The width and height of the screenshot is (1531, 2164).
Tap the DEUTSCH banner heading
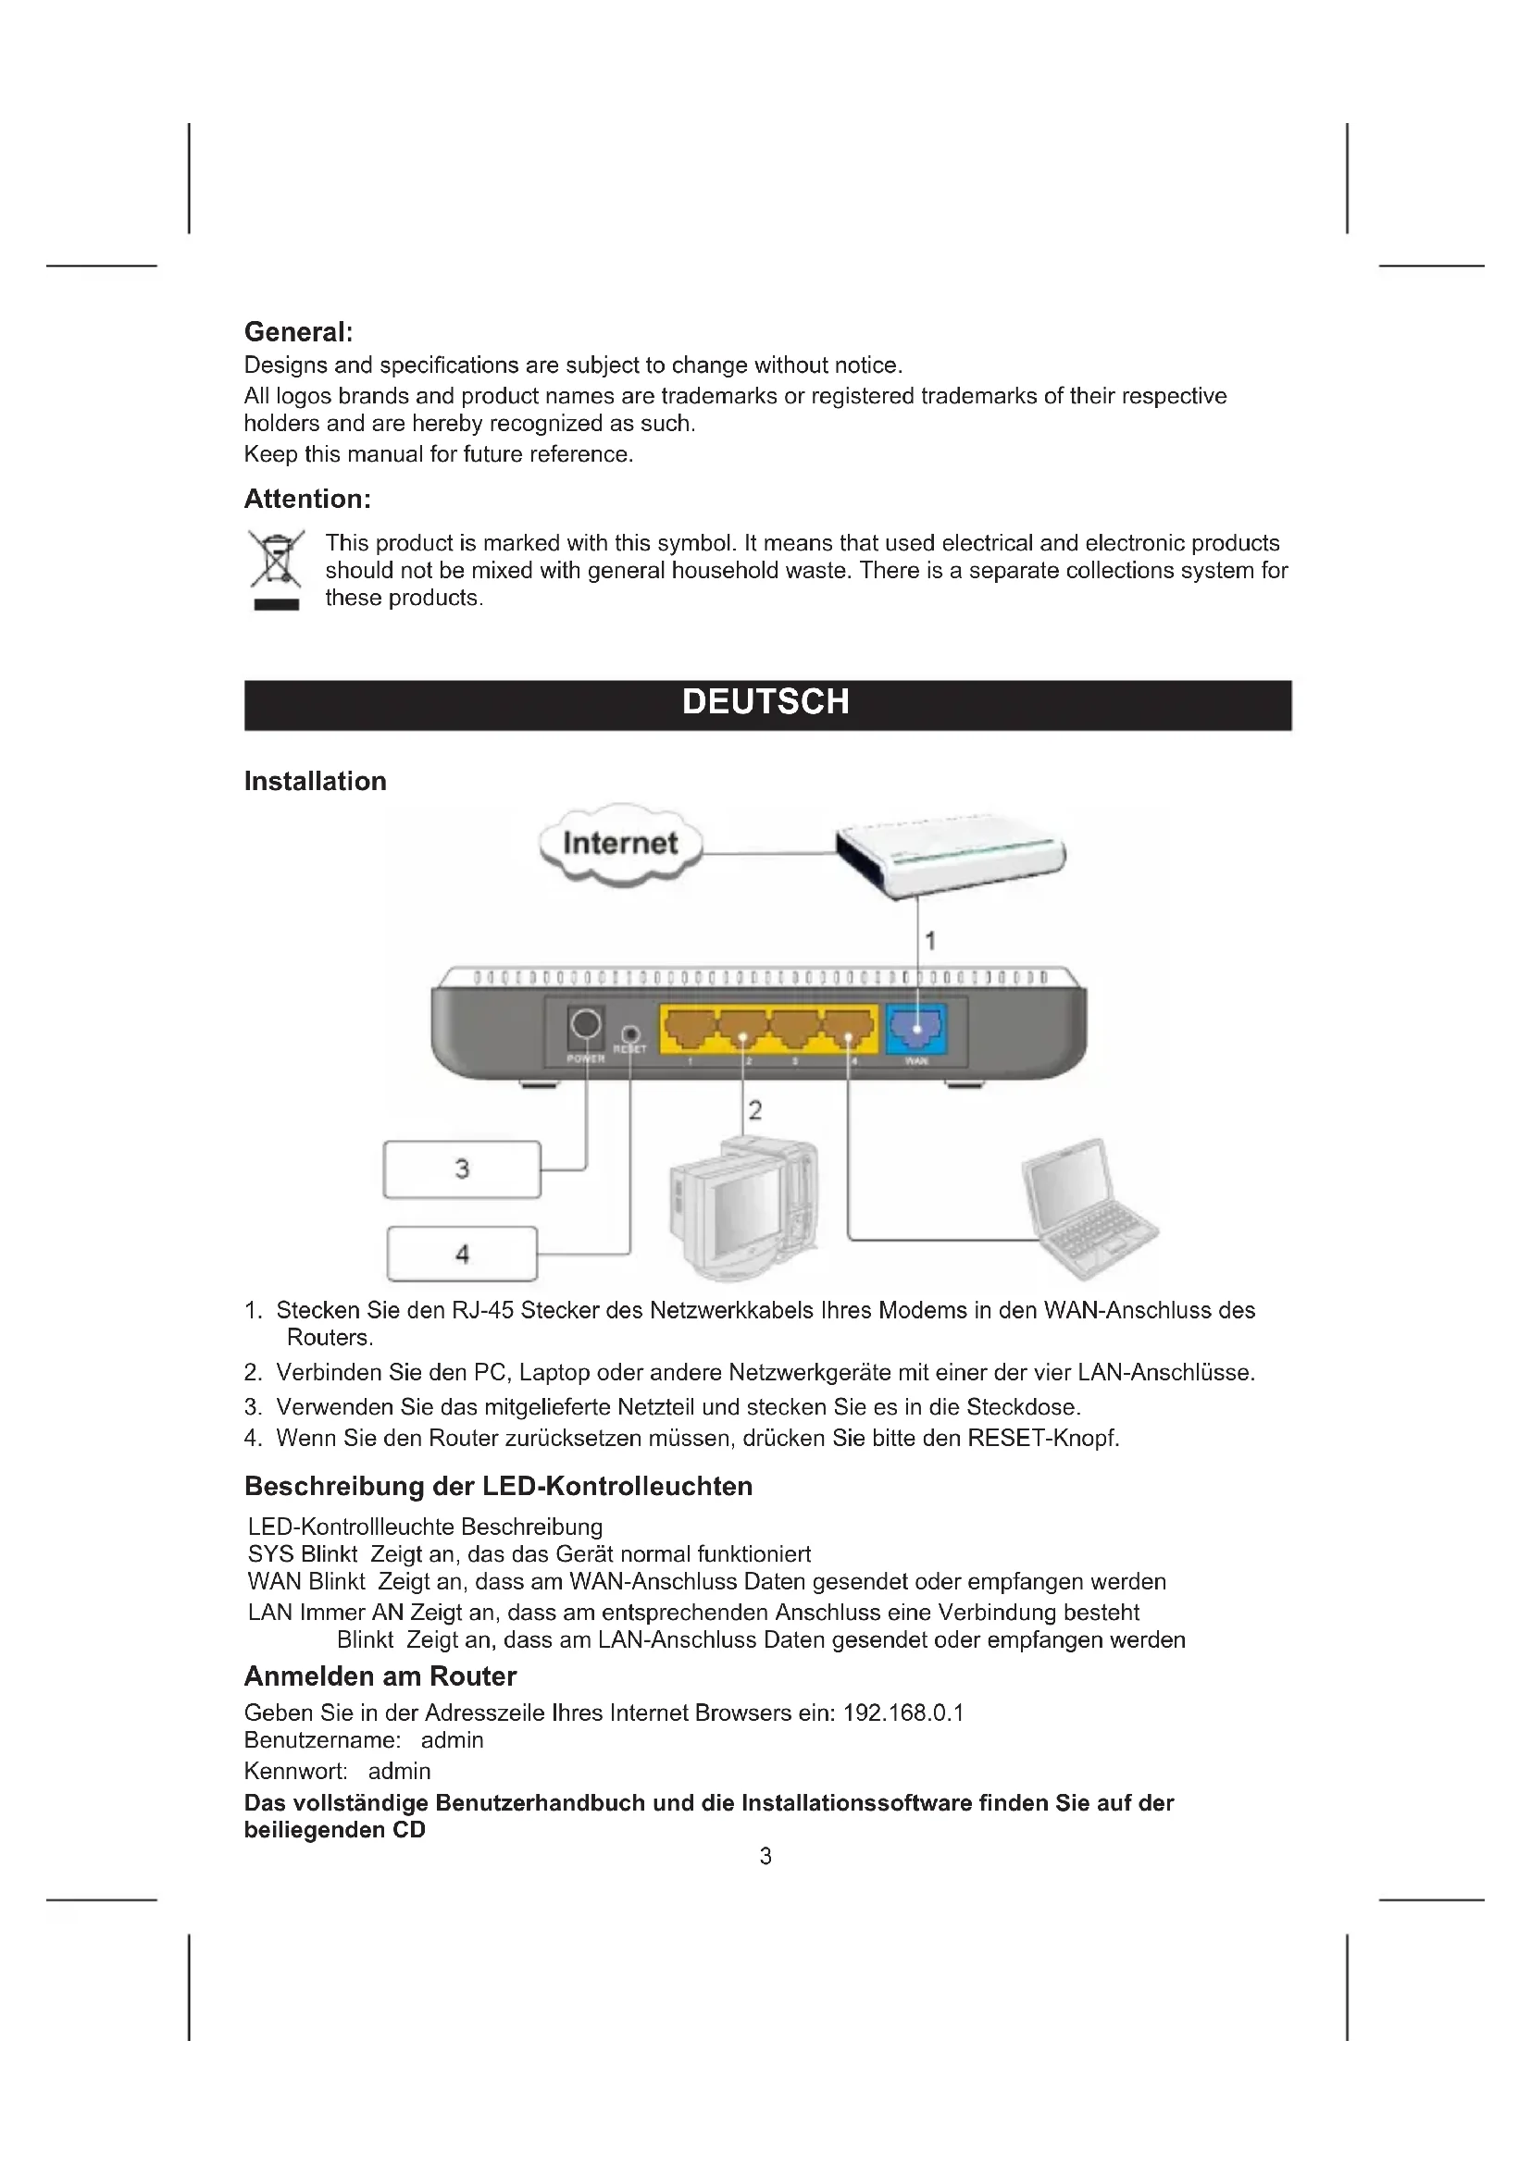[765, 702]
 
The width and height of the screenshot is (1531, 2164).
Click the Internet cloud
[620, 843]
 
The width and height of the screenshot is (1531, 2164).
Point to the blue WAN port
[916, 1028]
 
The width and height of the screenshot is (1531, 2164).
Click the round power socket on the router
[585, 1024]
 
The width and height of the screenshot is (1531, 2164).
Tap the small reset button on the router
[630, 1035]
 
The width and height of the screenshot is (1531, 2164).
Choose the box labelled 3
[462, 1169]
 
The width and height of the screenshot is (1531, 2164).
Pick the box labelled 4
[462, 1255]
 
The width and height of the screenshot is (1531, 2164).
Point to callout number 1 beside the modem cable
[930, 941]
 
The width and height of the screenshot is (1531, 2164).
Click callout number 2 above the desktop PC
[755, 1109]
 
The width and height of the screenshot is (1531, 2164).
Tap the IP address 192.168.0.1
[903, 1713]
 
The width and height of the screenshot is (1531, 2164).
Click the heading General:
[298, 332]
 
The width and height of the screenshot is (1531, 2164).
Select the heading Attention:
[307, 499]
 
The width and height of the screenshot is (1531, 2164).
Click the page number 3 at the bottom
[765, 1856]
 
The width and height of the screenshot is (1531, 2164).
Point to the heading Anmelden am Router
[380, 1676]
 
